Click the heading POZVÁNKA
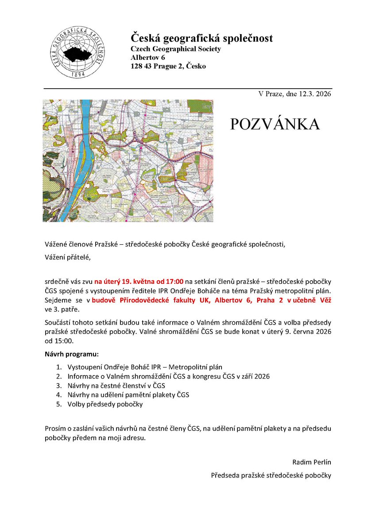point(275,125)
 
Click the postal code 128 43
point(140,66)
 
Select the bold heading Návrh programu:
point(71,355)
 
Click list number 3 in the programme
point(58,385)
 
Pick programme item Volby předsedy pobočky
point(105,404)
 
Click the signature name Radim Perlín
point(312,462)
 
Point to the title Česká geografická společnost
point(202,38)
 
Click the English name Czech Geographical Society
point(175,49)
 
